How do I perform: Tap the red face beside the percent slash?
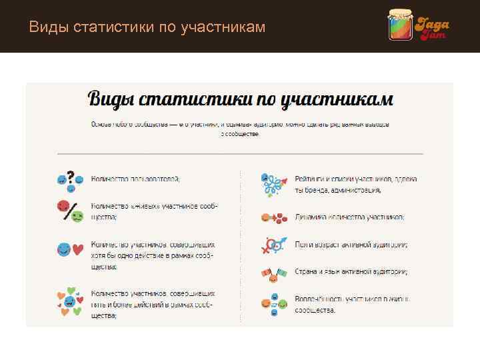[63, 205]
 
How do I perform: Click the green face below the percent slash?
[77, 217]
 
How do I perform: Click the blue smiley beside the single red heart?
[63, 250]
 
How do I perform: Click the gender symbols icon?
[272, 245]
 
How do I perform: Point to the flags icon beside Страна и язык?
[273, 273]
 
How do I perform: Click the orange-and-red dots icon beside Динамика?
[273, 217]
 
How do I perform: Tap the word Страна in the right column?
[307, 272]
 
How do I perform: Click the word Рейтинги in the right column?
[311, 179]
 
